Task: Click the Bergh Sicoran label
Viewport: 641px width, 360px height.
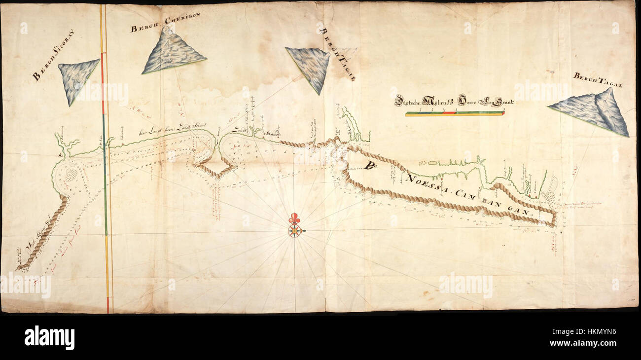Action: [53, 62]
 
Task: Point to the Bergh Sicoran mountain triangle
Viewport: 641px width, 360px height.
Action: [77, 79]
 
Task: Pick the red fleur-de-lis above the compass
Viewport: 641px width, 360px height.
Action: [295, 218]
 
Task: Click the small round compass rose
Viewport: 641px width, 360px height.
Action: [295, 230]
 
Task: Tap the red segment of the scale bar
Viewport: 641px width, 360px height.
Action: [450, 113]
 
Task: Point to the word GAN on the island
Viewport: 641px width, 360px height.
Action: [519, 210]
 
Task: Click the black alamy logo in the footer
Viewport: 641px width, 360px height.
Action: [49, 338]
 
